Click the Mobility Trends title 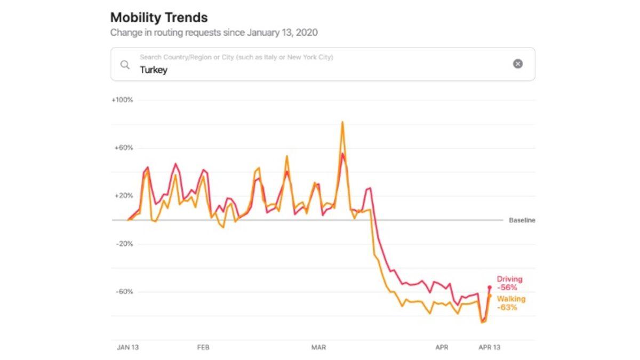(x=159, y=17)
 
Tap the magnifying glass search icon (x=125, y=65)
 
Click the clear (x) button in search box (x=518, y=64)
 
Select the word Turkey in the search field (x=154, y=70)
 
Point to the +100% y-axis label (x=122, y=100)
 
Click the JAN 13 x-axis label (x=127, y=347)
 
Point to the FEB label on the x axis (x=203, y=347)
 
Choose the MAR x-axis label (x=318, y=347)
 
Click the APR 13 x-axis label (x=489, y=347)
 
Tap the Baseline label (x=522, y=220)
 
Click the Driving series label (x=509, y=279)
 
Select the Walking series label (x=511, y=299)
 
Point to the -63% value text (x=507, y=308)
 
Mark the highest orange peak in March (x=342, y=122)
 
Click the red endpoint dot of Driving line (x=489, y=287)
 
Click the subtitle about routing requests (x=214, y=33)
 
